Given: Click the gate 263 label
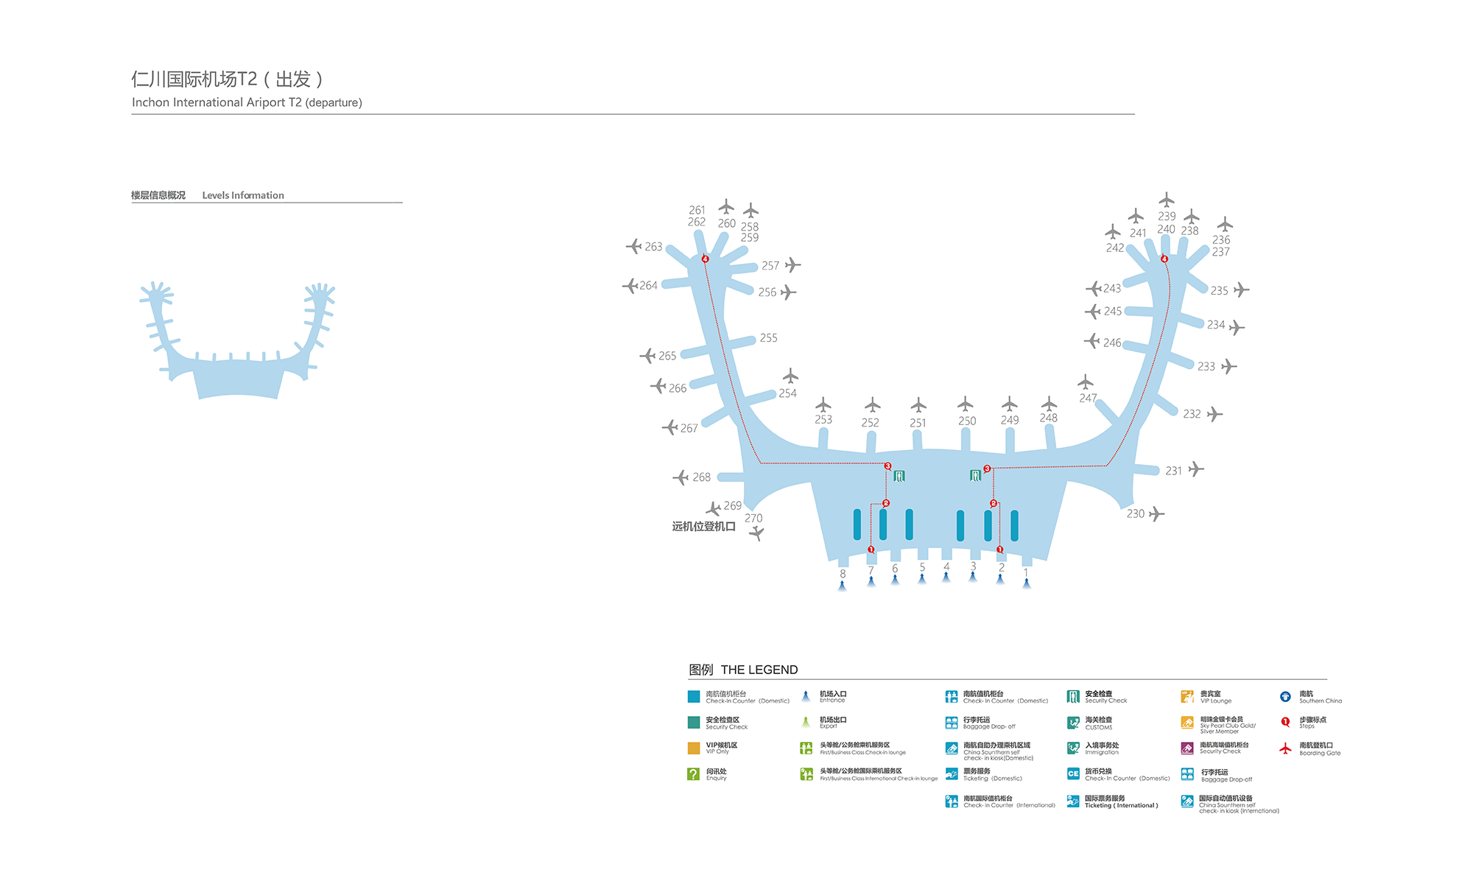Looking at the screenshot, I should [653, 247].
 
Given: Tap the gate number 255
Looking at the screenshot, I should [768, 338].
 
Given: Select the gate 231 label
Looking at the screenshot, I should [1173, 471].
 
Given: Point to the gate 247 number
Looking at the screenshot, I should [1088, 399].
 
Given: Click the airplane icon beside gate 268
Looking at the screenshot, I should [681, 477].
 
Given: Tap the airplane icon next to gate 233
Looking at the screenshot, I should [1228, 366].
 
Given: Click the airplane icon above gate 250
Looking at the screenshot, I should [965, 404].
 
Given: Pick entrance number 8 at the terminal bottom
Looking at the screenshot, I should [843, 574].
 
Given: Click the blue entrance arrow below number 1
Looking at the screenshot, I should [1026, 584].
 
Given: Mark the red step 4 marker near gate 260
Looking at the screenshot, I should [705, 259].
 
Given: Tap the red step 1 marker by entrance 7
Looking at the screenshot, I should [871, 550].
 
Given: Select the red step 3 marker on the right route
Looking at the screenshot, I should [987, 469].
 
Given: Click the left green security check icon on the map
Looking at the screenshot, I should [899, 477].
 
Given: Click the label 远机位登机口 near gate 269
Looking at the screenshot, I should [703, 527].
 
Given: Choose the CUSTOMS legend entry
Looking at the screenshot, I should [1098, 723].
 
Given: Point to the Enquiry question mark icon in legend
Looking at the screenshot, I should [693, 774].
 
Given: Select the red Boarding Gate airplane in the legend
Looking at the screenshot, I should [1285, 748].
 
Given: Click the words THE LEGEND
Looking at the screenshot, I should [759, 670].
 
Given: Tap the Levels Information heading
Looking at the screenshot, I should [243, 195].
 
